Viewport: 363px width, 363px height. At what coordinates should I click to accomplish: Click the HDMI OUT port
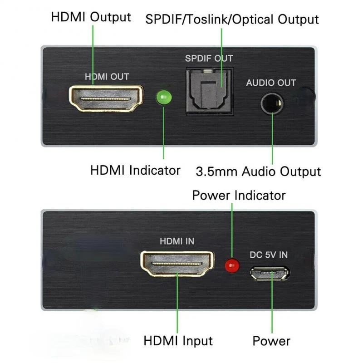(106, 98)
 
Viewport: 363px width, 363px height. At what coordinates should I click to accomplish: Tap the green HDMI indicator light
(163, 97)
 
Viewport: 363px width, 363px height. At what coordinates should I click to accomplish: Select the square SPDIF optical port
(210, 91)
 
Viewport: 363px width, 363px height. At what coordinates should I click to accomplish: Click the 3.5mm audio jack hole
(272, 103)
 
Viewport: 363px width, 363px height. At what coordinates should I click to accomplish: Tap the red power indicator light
(233, 265)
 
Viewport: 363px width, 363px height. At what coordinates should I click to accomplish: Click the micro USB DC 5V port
(270, 273)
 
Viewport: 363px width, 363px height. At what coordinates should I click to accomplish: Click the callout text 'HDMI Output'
(91, 17)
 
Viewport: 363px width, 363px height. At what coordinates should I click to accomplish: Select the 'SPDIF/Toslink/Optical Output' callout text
(232, 20)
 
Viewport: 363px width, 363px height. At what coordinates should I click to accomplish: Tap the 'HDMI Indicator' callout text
(135, 171)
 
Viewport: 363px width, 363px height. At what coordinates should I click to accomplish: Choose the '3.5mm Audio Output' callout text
(258, 172)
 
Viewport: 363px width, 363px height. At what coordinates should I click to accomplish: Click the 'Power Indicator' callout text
(239, 195)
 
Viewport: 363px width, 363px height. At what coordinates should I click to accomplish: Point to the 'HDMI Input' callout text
(178, 340)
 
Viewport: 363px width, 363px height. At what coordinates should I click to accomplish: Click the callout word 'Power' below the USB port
(271, 340)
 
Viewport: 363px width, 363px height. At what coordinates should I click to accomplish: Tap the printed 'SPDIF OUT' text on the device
(209, 59)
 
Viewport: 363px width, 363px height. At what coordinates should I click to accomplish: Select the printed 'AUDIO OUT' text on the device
(271, 83)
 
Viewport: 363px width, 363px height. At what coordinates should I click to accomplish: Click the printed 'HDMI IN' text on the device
(177, 241)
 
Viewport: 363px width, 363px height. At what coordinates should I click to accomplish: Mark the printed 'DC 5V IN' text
(269, 255)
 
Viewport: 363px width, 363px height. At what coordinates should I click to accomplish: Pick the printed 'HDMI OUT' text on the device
(107, 77)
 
